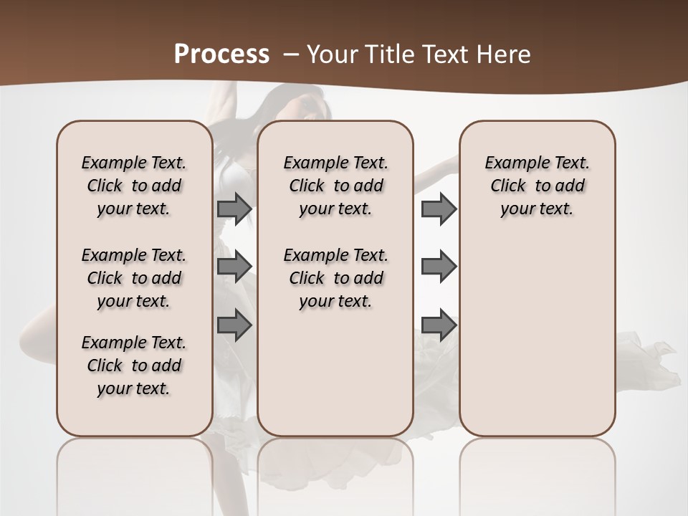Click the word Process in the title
221,54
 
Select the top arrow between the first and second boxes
234,209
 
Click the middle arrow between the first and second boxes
234,267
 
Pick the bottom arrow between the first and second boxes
234,325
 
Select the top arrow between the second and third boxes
439,209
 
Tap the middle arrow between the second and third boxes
439,267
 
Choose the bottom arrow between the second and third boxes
439,325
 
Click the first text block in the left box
134,186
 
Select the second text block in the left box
134,278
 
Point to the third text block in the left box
134,365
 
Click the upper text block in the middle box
335,186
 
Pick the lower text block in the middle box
335,278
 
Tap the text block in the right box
537,186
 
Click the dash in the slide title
292,54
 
